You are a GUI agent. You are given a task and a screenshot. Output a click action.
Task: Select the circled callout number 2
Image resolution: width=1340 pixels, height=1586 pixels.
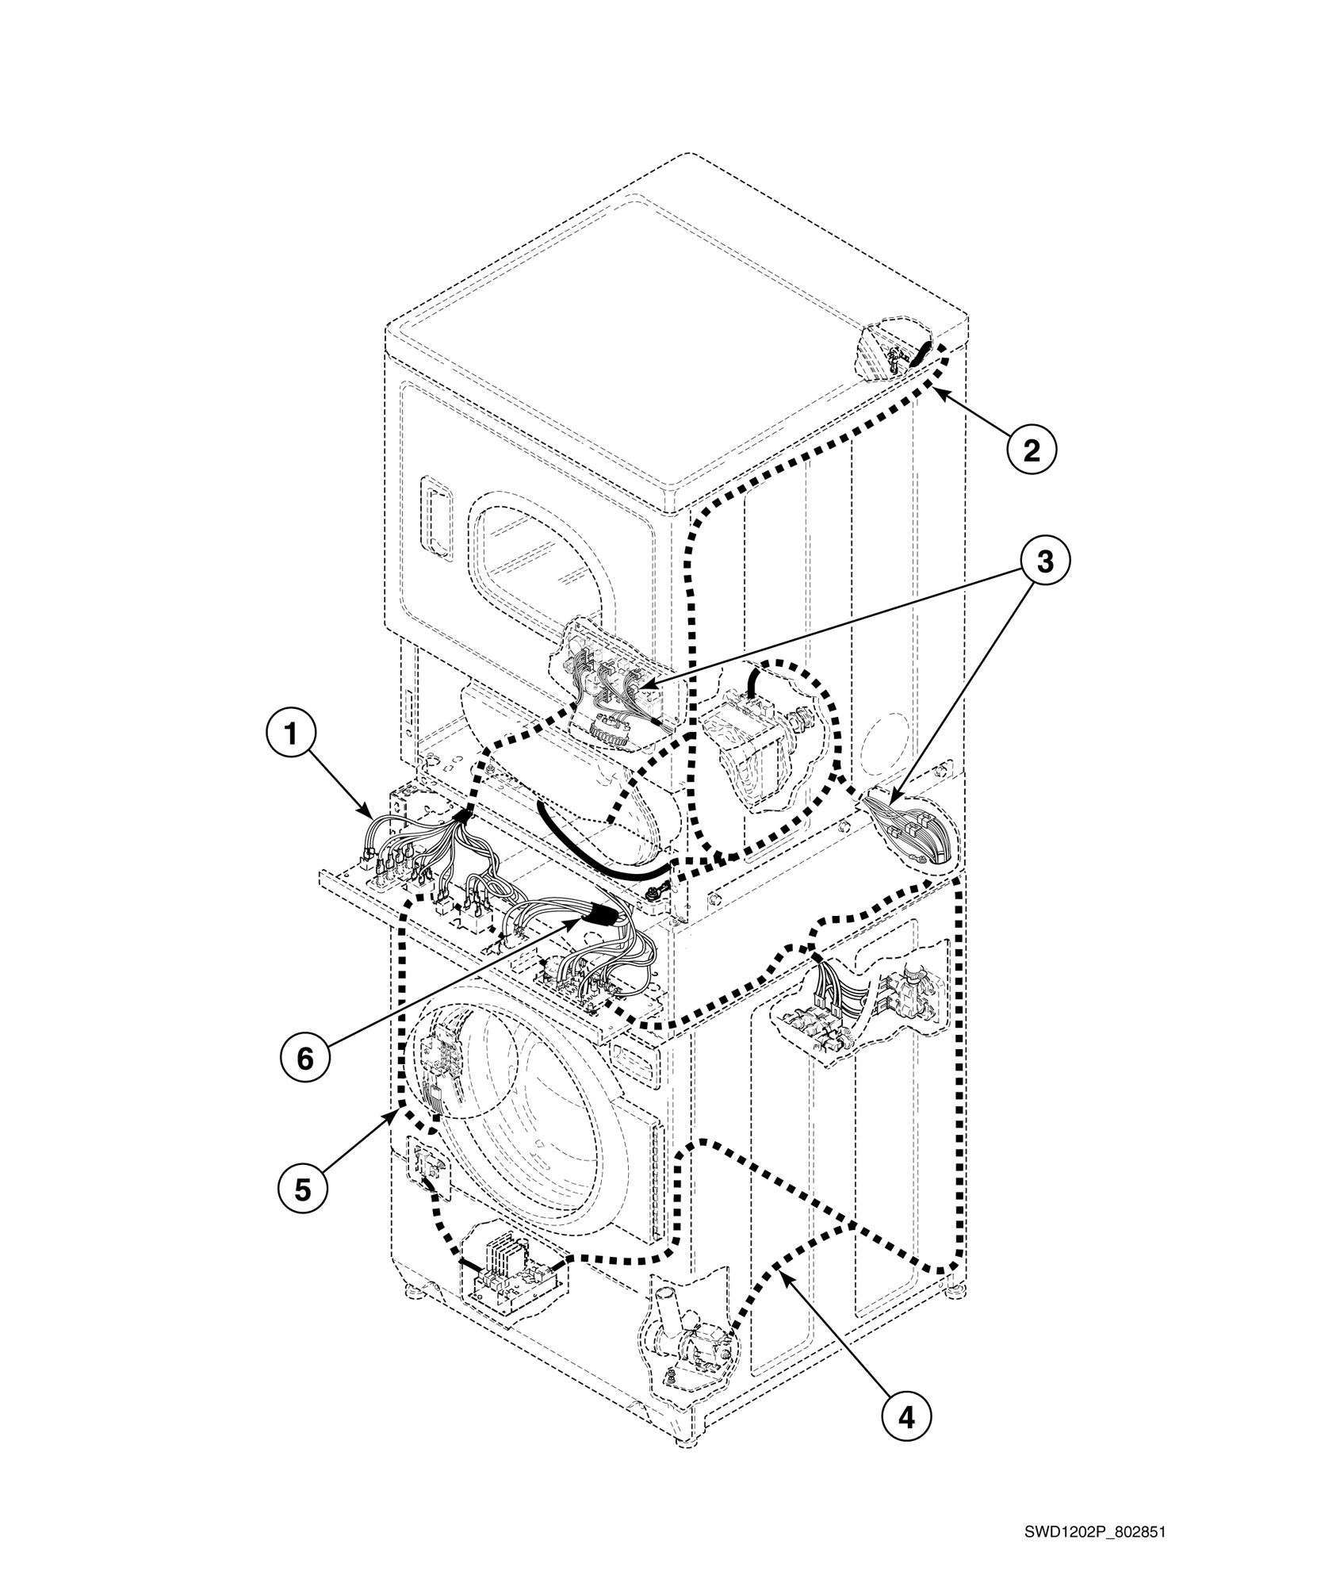point(1031,450)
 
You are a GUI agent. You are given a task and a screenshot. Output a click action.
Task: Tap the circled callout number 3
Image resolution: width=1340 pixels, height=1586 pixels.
point(1045,561)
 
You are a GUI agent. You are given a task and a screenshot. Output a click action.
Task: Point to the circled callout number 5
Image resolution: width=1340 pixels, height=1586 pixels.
point(303,1188)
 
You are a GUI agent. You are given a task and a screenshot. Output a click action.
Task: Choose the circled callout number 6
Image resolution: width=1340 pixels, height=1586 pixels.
point(305,1058)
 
